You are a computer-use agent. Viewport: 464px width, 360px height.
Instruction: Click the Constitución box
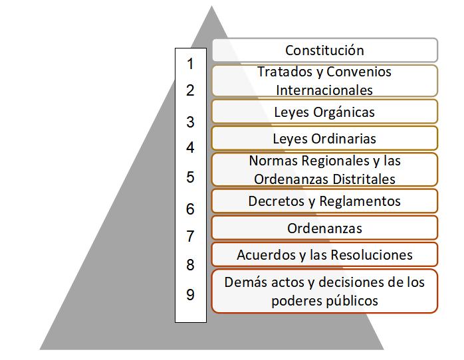click(x=324, y=50)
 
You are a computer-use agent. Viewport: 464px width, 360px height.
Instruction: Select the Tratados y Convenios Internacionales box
click(x=324, y=80)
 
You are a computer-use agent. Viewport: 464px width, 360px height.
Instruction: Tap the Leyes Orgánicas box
click(x=324, y=112)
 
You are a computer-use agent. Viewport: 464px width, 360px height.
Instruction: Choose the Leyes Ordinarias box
click(x=324, y=138)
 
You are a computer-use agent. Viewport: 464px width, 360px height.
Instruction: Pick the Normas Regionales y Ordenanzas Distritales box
click(x=324, y=169)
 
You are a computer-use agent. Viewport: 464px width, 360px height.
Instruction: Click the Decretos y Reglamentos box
click(x=324, y=201)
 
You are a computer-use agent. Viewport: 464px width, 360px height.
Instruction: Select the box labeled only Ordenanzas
click(x=324, y=228)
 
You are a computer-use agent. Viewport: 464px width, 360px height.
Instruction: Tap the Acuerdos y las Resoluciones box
click(x=324, y=254)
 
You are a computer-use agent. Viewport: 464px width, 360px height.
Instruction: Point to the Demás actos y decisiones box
click(x=324, y=291)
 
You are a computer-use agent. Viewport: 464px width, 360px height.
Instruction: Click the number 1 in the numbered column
click(x=190, y=64)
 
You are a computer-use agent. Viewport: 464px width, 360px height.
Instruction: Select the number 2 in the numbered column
click(x=190, y=90)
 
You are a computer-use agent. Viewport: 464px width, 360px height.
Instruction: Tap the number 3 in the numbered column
click(x=190, y=122)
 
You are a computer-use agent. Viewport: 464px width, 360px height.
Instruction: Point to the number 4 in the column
click(x=190, y=147)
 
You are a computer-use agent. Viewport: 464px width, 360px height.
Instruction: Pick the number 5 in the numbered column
click(x=190, y=177)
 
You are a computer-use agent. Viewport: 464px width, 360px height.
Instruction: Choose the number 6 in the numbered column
click(x=190, y=209)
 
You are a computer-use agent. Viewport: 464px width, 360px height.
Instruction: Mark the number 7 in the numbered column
click(x=190, y=236)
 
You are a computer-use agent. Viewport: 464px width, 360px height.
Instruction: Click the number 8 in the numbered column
click(x=190, y=265)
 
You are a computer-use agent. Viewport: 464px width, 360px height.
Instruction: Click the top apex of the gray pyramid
click(x=211, y=8)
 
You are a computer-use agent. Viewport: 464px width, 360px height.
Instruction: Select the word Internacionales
click(x=324, y=89)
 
